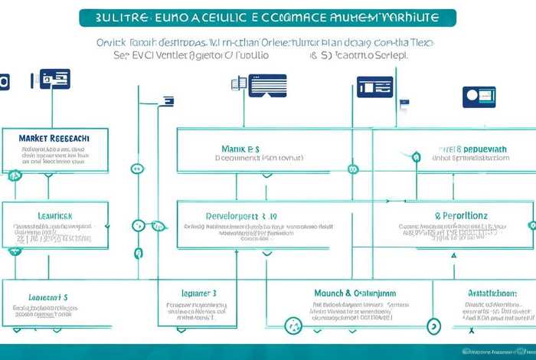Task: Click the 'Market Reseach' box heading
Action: coord(54,137)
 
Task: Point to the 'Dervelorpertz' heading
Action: coord(241,216)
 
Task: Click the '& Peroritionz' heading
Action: coord(461,216)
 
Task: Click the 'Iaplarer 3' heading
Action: coord(199,293)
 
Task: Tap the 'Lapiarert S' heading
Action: coord(48,296)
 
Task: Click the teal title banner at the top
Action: coord(267,18)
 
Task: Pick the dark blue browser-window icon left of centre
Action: coord(266,84)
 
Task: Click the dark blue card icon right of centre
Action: coord(374,87)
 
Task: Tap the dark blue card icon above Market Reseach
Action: coord(54,78)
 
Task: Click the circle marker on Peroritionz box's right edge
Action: coord(532,225)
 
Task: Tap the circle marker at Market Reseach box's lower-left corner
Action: coord(14,175)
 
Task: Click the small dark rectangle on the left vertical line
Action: coord(167,100)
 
